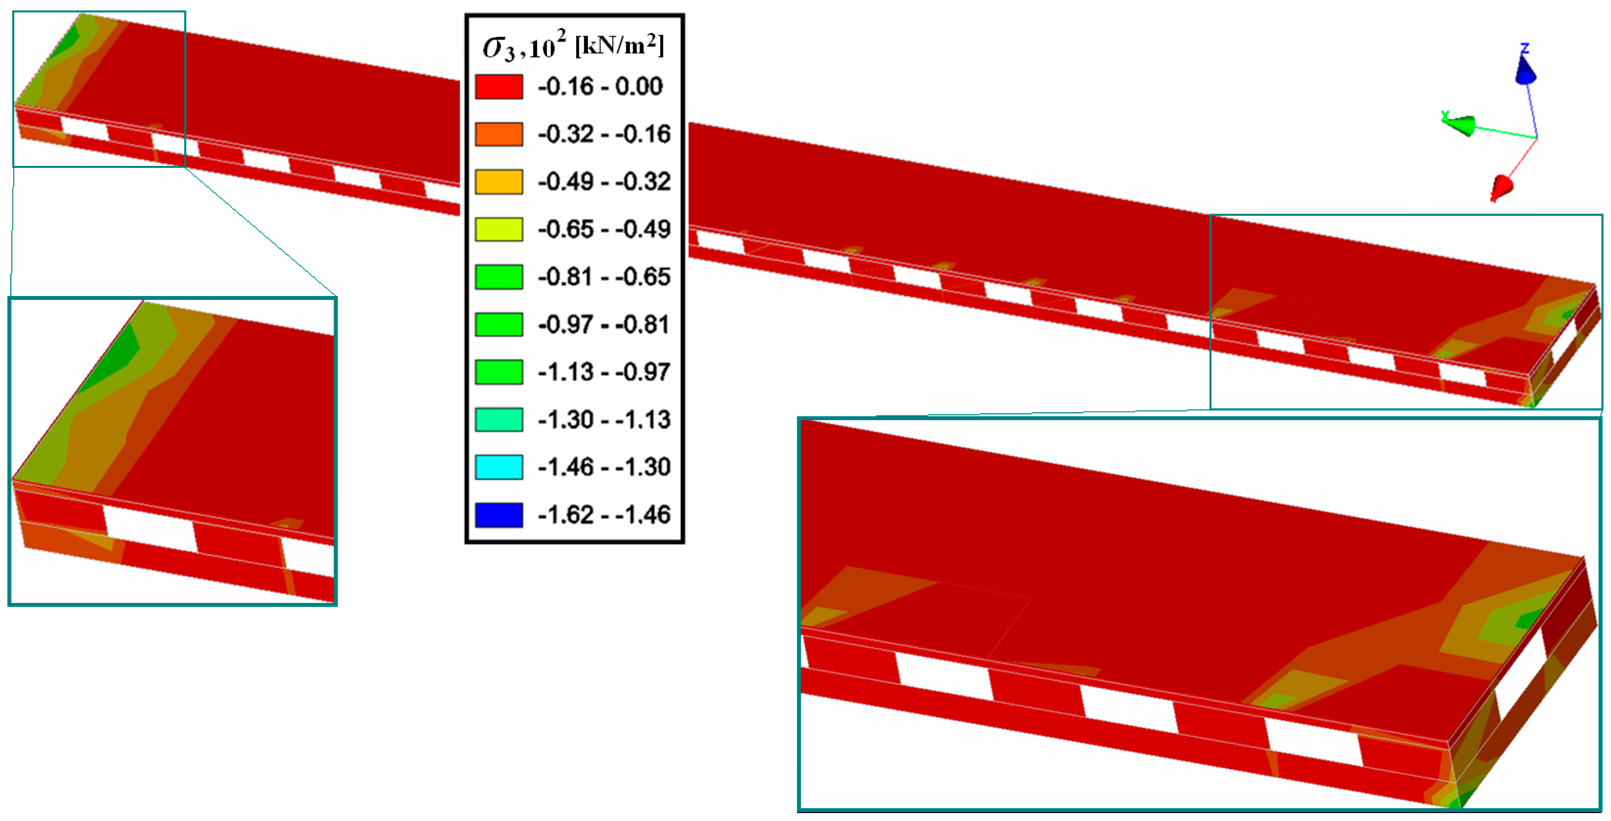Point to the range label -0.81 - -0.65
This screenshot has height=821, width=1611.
[604, 276]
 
